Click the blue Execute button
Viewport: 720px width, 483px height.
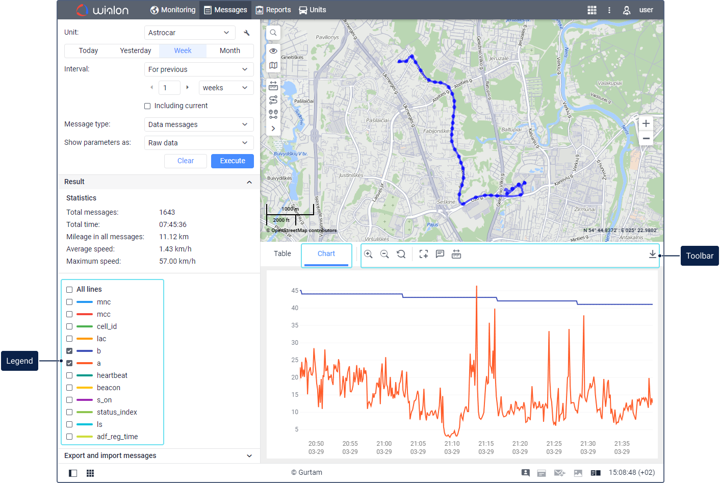tap(233, 161)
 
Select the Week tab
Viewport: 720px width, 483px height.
tap(183, 50)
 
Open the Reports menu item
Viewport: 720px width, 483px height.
tap(273, 10)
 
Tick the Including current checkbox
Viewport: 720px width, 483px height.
tap(147, 106)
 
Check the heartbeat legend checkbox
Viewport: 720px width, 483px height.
tap(69, 375)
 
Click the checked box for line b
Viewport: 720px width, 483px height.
tap(69, 351)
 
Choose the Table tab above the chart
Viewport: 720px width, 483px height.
tap(282, 253)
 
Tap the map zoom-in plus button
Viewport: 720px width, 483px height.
tap(646, 123)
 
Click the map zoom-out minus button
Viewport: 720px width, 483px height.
tap(646, 138)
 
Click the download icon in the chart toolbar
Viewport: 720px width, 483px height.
tap(652, 254)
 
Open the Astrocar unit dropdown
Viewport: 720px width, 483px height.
tap(190, 33)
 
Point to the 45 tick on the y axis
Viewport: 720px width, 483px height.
tap(295, 291)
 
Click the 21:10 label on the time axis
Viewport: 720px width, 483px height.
tap(452, 444)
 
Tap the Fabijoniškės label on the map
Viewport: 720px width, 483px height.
tap(437, 131)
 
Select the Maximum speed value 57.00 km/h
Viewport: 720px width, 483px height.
tap(177, 261)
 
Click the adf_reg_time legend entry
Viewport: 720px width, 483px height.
tap(117, 437)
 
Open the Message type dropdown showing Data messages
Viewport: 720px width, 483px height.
tap(199, 124)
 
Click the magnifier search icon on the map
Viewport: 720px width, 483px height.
tap(273, 33)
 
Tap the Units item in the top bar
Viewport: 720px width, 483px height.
tap(313, 10)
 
